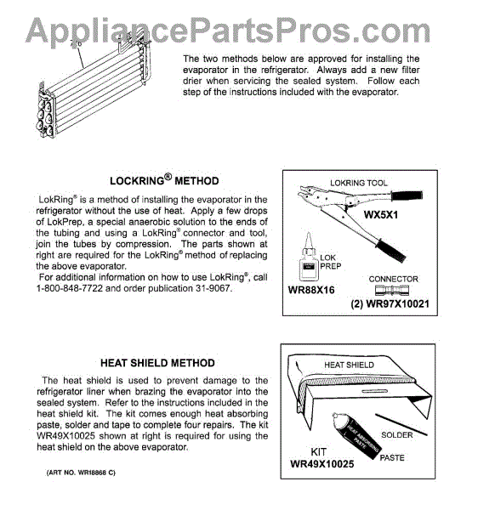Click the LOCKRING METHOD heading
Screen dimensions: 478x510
click(x=164, y=180)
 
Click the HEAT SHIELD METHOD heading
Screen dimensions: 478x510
click(x=157, y=363)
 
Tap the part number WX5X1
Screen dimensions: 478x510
click(x=381, y=215)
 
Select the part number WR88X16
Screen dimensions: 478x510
click(x=311, y=290)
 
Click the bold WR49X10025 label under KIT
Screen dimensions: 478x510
click(x=322, y=463)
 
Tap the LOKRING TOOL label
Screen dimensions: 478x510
click(x=359, y=183)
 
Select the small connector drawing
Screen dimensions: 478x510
click(x=392, y=290)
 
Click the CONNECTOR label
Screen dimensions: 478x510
click(x=393, y=279)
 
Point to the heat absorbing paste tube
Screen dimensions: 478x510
click(x=356, y=436)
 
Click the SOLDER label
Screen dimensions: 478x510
click(x=396, y=435)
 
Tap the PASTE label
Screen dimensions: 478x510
click(x=392, y=457)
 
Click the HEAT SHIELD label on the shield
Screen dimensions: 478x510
click(x=349, y=365)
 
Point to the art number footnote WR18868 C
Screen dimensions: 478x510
click(x=81, y=473)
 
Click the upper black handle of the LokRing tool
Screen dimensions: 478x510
click(x=407, y=195)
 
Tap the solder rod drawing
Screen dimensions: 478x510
click(x=401, y=424)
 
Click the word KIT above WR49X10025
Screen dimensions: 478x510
click(x=318, y=452)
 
